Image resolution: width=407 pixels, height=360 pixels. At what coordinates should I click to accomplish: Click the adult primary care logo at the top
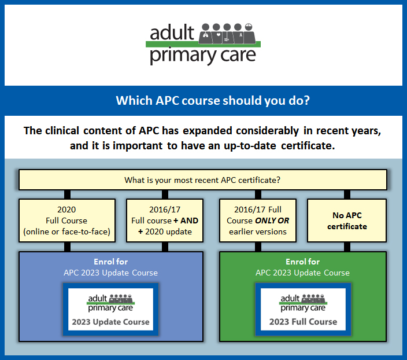tap(203, 43)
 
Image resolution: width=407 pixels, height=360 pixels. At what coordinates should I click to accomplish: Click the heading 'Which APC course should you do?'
tap(203, 100)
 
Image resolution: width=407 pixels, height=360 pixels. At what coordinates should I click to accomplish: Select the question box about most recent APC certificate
tap(202, 179)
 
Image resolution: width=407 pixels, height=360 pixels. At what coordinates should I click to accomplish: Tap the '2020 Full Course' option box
tap(66, 220)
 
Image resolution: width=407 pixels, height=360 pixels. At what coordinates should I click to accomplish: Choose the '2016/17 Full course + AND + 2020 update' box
tap(165, 220)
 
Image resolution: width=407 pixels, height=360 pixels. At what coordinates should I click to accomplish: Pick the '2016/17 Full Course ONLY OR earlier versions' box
tap(257, 220)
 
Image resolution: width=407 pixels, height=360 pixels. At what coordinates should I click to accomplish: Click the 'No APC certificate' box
tap(347, 220)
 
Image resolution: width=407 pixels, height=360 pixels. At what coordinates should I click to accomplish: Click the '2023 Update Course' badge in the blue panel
tap(110, 308)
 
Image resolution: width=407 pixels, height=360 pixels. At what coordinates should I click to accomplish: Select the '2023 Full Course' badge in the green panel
tap(302, 308)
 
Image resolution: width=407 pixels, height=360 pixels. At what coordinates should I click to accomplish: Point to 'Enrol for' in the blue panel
tap(110, 262)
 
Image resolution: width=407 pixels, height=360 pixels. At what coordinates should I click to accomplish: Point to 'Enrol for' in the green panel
tap(302, 262)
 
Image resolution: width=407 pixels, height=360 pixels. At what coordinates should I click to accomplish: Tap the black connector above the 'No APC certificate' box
tap(347, 194)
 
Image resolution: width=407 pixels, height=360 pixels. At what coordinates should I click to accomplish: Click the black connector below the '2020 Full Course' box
tap(67, 247)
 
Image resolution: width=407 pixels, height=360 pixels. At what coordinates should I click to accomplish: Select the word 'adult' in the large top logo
tap(172, 33)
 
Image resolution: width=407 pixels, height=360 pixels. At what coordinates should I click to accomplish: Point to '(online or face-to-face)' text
tap(66, 232)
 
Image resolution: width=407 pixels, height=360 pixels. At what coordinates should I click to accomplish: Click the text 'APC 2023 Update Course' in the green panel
tap(302, 273)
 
